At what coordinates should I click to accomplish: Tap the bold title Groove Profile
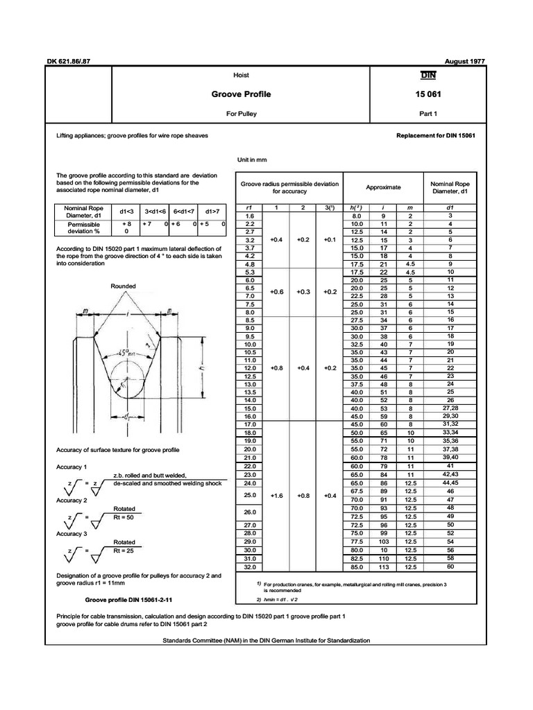click(241, 94)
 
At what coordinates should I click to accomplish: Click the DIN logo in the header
click(427, 76)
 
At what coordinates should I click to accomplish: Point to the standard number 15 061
click(427, 94)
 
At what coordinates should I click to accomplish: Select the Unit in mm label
click(252, 160)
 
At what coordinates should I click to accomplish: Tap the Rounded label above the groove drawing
click(123, 286)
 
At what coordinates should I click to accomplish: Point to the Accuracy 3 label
click(71, 534)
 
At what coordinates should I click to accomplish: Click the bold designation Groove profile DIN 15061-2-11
click(127, 600)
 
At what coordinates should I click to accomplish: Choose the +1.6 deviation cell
click(276, 496)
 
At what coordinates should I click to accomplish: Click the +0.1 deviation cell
click(329, 239)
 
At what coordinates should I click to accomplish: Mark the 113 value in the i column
click(382, 566)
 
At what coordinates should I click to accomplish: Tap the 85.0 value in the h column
click(357, 566)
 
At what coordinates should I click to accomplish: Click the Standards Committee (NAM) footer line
click(266, 640)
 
